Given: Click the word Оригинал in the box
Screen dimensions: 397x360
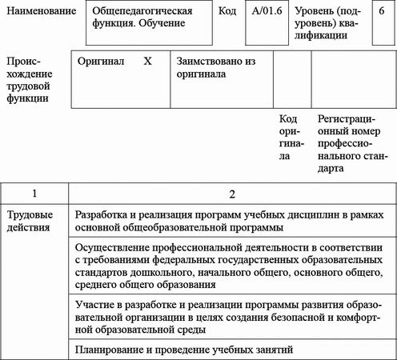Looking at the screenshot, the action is (x=102, y=61).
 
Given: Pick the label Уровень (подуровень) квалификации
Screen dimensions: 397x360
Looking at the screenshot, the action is (x=333, y=22).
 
